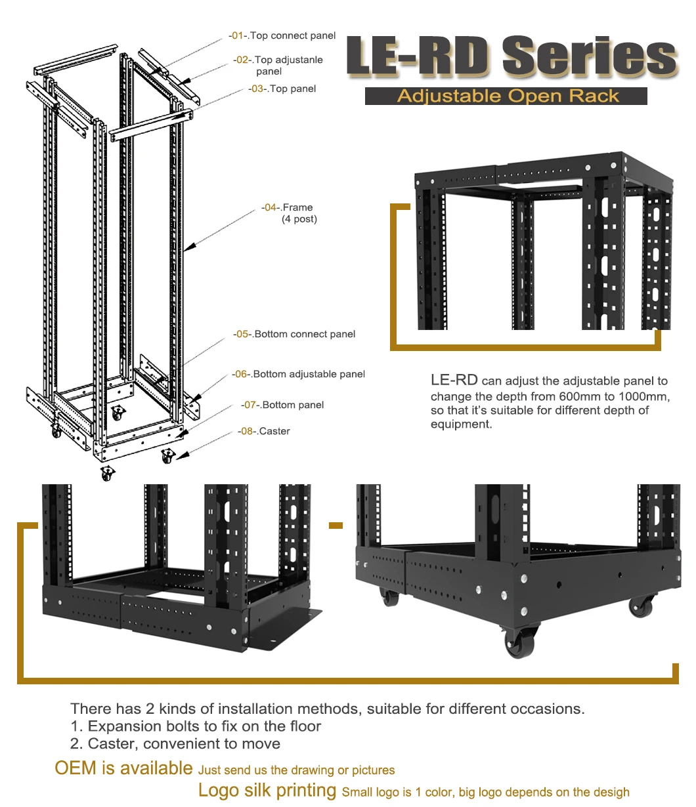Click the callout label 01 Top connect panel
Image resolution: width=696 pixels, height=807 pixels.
point(282,35)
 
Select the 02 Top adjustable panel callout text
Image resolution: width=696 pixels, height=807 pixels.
point(278,65)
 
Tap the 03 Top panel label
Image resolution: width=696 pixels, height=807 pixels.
point(282,89)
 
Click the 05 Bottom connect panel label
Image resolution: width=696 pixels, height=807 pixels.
point(294,334)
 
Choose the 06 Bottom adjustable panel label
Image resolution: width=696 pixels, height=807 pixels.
point(298,374)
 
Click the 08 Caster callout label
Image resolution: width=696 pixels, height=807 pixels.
point(264,431)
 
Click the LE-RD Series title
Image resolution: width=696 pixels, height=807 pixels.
point(511,57)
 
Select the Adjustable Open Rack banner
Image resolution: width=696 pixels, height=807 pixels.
point(507,96)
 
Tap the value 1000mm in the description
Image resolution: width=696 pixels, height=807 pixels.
point(643,396)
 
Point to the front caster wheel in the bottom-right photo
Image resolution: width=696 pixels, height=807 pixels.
point(521,640)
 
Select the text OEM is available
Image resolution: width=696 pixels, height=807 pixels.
point(123,768)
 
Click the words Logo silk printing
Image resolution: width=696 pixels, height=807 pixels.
point(267,791)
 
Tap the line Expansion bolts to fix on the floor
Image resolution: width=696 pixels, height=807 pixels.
point(196,726)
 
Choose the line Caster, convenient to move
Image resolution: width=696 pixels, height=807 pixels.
point(175,743)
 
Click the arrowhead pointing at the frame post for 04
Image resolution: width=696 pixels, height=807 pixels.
point(187,248)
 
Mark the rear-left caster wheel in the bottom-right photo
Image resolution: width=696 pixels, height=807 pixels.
point(389,596)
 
